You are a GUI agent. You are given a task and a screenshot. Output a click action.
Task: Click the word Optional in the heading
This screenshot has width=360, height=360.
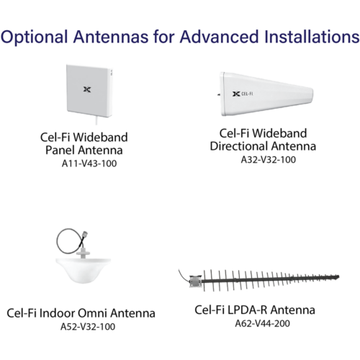(x=34, y=37)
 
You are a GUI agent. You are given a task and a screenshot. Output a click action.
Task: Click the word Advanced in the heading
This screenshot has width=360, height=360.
(x=220, y=37)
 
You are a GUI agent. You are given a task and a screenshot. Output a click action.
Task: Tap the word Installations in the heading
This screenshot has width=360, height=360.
(x=312, y=37)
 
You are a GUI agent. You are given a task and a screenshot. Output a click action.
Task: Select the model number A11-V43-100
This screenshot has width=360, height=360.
(x=89, y=163)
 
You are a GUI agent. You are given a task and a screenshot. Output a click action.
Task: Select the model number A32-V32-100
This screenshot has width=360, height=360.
(x=269, y=160)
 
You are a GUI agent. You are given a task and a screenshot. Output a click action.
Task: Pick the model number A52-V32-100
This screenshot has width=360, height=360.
(x=88, y=327)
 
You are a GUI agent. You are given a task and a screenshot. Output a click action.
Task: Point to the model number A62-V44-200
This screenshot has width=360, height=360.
(x=262, y=323)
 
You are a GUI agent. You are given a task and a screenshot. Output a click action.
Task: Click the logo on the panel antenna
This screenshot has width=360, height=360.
(x=87, y=89)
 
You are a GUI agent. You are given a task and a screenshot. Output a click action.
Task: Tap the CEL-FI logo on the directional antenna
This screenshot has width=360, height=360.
(x=243, y=94)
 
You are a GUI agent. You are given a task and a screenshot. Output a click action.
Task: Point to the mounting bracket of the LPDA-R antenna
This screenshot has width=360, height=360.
(x=195, y=282)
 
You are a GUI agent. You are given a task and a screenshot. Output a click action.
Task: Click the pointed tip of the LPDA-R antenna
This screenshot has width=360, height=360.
(x=338, y=277)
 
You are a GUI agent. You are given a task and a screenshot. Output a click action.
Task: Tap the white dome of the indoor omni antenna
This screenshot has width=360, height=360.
(x=84, y=270)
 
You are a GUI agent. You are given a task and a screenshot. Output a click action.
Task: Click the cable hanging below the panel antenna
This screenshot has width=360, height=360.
(x=96, y=121)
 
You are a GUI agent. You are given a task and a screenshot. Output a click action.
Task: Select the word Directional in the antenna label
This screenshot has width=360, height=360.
(x=239, y=146)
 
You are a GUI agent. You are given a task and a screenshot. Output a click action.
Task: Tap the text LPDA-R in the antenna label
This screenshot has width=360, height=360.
(x=247, y=310)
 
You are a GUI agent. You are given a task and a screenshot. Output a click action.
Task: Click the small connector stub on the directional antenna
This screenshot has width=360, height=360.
(x=219, y=94)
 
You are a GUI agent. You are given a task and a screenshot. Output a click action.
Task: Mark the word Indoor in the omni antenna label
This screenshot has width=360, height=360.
(x=57, y=313)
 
